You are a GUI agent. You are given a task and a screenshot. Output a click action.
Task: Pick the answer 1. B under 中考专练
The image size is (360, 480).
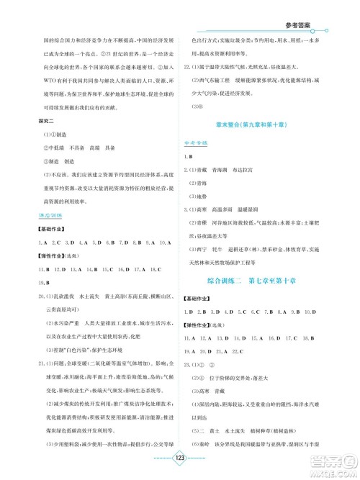[x=192, y=155]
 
